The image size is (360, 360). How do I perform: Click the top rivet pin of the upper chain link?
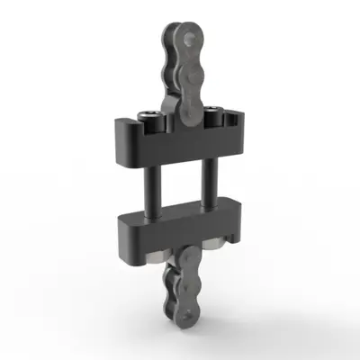pos(188,36)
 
